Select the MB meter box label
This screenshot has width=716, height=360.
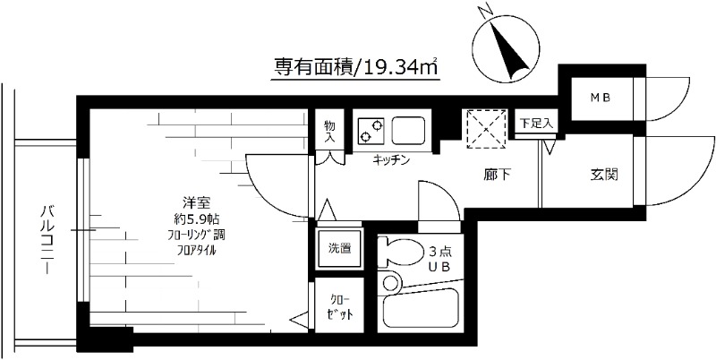click(x=594, y=97)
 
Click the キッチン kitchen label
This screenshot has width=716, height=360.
click(x=391, y=160)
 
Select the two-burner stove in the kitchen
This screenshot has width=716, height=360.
click(x=371, y=130)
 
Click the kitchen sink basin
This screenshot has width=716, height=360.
click(x=409, y=130)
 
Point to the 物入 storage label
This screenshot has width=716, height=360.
click(x=329, y=133)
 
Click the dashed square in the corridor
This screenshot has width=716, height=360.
click(x=486, y=127)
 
